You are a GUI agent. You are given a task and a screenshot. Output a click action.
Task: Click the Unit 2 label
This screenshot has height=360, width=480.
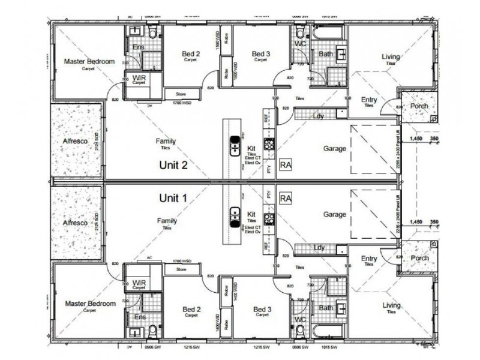(173, 164)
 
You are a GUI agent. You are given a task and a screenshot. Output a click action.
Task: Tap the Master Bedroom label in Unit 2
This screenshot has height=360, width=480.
(89, 61)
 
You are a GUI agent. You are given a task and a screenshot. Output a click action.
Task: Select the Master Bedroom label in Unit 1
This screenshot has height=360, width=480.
(89, 304)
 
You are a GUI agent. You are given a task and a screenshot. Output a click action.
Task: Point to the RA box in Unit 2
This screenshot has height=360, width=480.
(286, 165)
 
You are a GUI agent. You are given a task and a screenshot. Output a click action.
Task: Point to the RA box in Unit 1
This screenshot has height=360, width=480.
(286, 198)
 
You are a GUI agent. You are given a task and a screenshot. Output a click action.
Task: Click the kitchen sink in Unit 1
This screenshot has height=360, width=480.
(235, 212)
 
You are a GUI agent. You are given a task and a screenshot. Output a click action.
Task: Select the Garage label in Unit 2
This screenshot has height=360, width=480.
(335, 148)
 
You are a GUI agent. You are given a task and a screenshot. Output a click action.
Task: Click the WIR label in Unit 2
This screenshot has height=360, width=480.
(139, 79)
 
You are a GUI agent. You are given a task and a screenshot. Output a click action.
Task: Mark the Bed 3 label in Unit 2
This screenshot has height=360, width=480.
(261, 54)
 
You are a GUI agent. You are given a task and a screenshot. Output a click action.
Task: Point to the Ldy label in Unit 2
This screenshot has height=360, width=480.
(319, 116)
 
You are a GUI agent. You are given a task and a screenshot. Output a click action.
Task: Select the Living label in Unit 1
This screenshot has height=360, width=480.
(391, 305)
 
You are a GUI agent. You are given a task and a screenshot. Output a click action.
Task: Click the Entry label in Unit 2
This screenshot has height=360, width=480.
(369, 100)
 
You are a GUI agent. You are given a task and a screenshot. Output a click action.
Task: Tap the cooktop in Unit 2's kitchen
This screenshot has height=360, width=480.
(269, 143)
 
